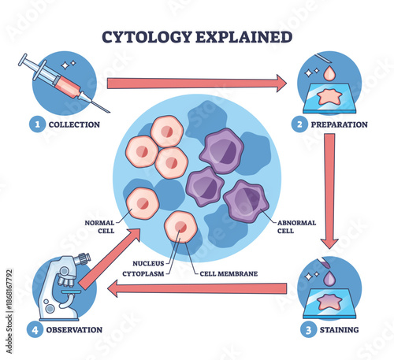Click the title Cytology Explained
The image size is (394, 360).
[197, 37]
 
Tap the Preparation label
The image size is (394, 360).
[340, 124]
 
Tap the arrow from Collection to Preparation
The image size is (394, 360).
[196, 82]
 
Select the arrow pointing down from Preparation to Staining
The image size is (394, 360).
[329, 189]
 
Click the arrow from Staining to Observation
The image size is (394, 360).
[197, 289]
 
